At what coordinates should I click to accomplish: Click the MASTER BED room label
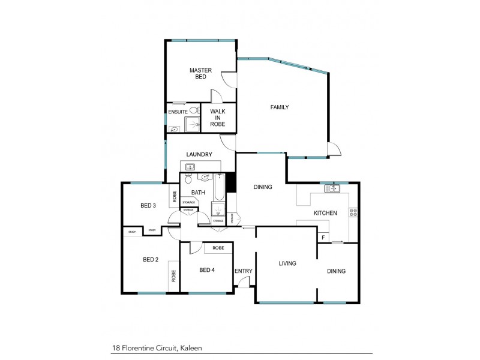coord(200,74)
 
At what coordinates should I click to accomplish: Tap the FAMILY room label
coord(280,107)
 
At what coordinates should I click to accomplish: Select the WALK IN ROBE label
coord(217,118)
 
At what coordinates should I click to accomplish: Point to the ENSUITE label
coord(178,112)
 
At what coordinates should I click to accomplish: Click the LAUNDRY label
coord(199,154)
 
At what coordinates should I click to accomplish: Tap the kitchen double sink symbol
coord(332,189)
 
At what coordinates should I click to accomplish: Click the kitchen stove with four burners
coord(353,212)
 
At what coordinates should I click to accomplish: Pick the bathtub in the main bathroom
coord(218,187)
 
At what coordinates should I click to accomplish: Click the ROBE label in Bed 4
coord(218,248)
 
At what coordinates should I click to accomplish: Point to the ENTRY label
coord(244,271)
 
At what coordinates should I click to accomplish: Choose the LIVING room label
coord(287,263)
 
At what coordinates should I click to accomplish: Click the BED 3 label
coord(148,205)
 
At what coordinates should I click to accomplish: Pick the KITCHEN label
coord(325,213)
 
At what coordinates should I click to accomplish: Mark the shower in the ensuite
coord(192,125)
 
